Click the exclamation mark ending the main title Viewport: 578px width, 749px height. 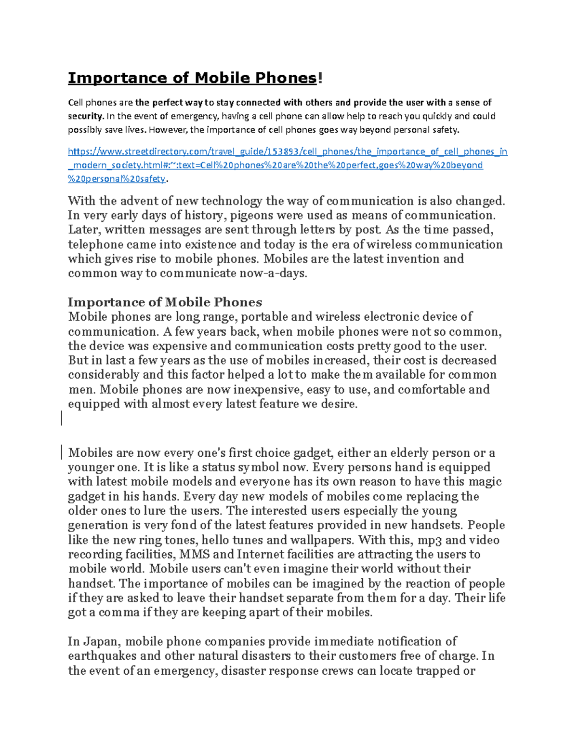point(319,78)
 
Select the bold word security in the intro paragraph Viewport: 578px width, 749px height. point(85,116)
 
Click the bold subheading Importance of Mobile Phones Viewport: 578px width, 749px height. point(165,302)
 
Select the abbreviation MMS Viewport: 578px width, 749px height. point(195,555)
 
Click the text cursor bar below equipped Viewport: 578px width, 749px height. point(62,418)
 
